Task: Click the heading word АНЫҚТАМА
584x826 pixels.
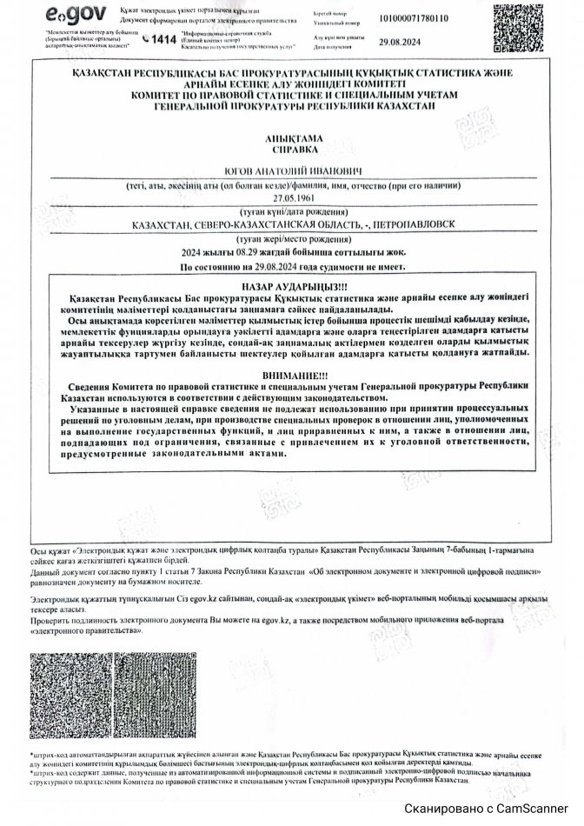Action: click(x=292, y=139)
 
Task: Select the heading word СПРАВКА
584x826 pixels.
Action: click(x=292, y=150)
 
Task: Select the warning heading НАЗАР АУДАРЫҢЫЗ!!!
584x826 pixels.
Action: click(x=292, y=285)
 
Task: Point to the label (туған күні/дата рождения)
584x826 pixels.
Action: click(x=292, y=210)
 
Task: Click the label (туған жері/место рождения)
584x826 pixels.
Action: click(x=292, y=237)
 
